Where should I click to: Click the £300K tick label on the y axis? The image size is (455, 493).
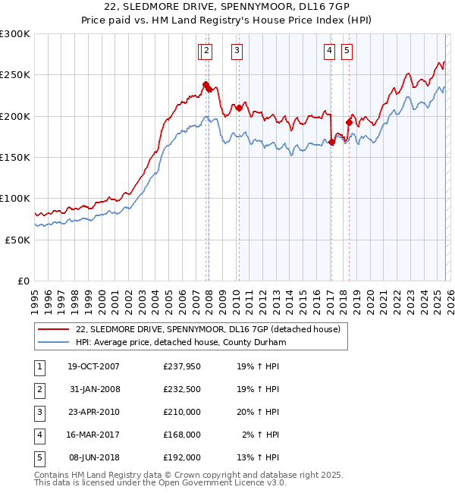[15, 34]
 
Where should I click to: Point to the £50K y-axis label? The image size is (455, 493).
[17, 239]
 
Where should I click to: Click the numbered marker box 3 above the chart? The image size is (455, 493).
[237, 51]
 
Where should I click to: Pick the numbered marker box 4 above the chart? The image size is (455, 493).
[330, 51]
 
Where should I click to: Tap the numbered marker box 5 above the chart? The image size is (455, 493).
[347, 51]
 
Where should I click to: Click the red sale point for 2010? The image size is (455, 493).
[239, 108]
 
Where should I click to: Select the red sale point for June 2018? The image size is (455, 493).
[349, 123]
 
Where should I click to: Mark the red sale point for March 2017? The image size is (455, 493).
[331, 143]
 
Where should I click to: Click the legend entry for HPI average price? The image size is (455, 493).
[180, 343]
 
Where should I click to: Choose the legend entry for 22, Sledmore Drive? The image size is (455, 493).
[209, 329]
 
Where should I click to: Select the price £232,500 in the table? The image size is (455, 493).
[181, 389]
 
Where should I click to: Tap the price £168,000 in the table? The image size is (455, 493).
[181, 435]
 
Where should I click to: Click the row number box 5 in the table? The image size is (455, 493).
[39, 457]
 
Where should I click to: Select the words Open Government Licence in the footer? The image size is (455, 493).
[220, 482]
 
